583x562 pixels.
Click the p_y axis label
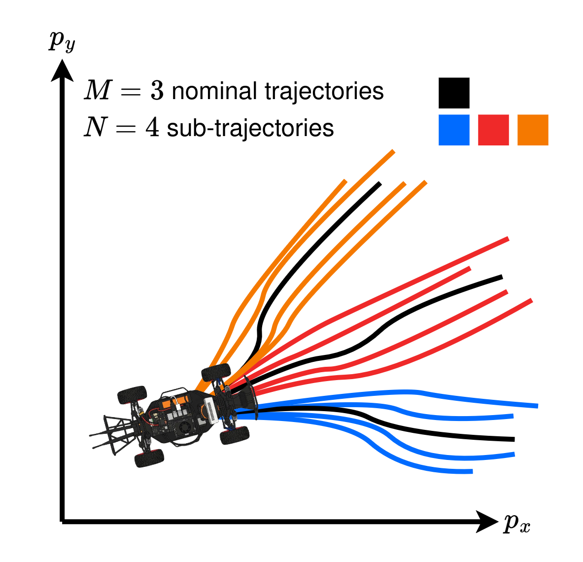coord(62,42)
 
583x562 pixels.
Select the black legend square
coord(454,93)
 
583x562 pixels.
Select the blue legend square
coord(454,130)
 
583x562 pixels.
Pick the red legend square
coord(493,130)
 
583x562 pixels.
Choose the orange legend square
coord(533,130)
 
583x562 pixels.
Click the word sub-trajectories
coord(250,128)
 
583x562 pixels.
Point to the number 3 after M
coord(157,92)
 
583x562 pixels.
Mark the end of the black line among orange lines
coord(379,184)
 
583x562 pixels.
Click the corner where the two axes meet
coord(63,521)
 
